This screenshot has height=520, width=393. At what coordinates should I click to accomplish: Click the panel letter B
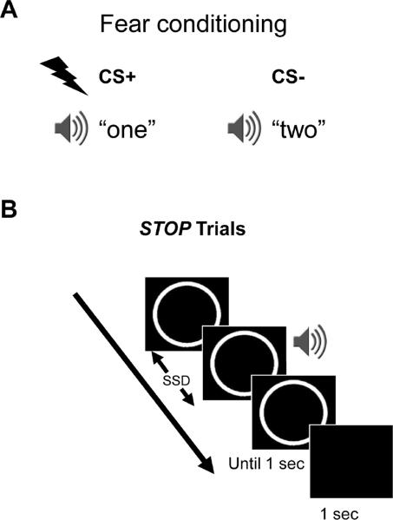pos(12,211)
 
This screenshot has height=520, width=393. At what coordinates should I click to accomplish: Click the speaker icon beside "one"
pos(69,129)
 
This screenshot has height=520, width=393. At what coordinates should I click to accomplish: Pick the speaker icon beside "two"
pos(242,129)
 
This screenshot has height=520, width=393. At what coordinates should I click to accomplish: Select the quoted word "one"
pos(129,129)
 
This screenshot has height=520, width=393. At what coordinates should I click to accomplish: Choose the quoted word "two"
pos(302,129)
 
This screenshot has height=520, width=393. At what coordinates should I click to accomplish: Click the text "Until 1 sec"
pos(267,464)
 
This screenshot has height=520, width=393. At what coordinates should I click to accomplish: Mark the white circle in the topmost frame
pos(184,317)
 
